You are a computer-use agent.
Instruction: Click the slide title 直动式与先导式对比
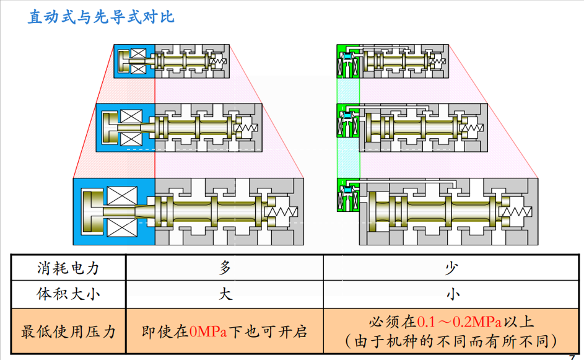pos(101,17)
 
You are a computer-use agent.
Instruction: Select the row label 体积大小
pos(68,294)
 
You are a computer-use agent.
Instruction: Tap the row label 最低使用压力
pos(68,331)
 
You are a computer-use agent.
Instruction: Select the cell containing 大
pos(225,294)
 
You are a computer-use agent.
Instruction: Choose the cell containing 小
pos(453,294)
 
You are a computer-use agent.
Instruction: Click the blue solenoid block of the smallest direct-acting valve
pos(134,61)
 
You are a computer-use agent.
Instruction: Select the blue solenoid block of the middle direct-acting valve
pos(124,127)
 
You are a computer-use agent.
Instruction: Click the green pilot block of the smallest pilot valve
pos(347,61)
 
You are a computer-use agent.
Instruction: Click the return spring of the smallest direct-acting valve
pos(219,61)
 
